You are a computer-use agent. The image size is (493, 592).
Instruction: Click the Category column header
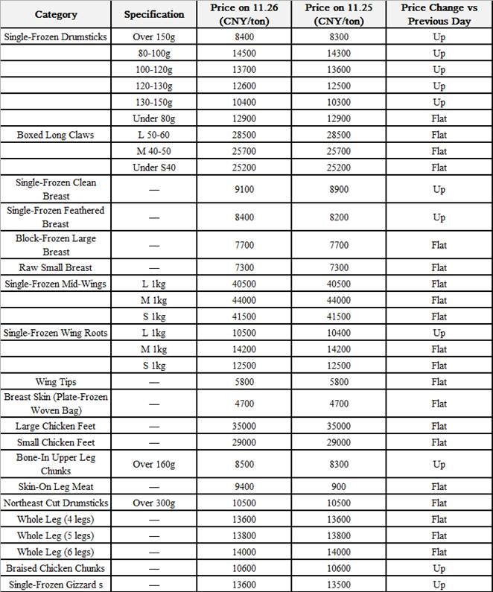point(55,14)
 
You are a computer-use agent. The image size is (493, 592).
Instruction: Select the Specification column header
point(154,14)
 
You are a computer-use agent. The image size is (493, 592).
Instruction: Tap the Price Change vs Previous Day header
point(439,14)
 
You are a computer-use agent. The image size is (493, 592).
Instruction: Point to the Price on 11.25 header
point(334,14)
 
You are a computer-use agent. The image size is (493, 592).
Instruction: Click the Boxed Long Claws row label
point(55,135)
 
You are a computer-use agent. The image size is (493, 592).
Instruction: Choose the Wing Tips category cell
point(55,382)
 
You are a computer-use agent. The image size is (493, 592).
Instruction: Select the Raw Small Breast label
point(55,267)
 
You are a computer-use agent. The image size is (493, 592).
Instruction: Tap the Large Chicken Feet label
point(55,426)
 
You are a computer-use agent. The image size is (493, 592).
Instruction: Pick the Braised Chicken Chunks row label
point(55,568)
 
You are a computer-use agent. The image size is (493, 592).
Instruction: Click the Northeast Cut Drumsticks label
point(55,503)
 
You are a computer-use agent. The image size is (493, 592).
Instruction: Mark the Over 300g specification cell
point(154,503)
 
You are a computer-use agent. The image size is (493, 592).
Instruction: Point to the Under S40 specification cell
point(154,168)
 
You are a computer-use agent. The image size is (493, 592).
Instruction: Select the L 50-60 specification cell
point(154,135)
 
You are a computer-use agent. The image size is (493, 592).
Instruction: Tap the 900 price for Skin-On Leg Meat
point(334,486)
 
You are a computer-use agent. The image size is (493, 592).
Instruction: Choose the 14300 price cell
point(334,54)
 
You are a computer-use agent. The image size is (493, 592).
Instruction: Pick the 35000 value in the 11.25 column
point(334,426)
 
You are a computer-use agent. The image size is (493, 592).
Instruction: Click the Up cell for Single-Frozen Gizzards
point(439,585)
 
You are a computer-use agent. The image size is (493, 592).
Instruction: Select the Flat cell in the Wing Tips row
point(439,382)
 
